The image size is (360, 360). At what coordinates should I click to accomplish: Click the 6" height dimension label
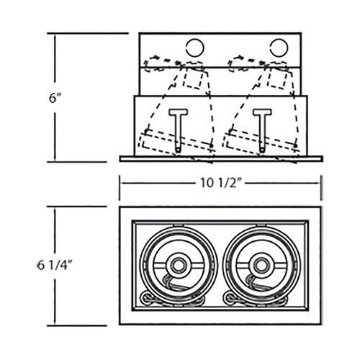pos(55,99)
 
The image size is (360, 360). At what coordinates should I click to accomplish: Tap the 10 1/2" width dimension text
pos(220,184)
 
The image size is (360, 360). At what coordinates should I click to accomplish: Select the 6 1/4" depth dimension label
pos(55,266)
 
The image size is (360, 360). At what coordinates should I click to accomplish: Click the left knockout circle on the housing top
pos(195,48)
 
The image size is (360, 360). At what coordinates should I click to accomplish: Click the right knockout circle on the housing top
pos(279,48)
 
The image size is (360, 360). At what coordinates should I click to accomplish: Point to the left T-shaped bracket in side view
pos(178,130)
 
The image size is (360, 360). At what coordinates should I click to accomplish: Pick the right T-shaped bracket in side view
pos(262,130)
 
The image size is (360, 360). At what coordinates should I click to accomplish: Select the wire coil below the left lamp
pos(147,298)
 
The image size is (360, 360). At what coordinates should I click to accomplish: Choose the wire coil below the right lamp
pos(230,298)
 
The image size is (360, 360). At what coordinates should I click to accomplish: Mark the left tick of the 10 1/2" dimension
pos(120,188)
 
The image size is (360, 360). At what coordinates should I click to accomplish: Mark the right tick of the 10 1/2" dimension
pos(321,188)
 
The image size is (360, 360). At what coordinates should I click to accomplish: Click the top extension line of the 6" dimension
pos(88,33)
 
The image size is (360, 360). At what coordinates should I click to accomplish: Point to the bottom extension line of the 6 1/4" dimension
pos(77,325)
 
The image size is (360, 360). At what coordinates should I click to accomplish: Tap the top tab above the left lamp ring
pos(178,225)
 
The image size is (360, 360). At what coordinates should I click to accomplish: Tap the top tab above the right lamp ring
pos(261,225)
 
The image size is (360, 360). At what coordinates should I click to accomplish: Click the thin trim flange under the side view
pos(221,158)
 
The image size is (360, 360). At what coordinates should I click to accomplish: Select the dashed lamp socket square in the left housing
pos(193,77)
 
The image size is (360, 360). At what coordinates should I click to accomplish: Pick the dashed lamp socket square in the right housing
pos(277,77)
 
